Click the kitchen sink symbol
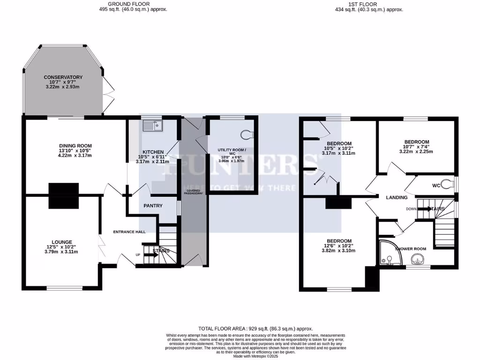152,125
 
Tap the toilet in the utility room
246,135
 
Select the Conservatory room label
63,77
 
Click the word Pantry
153,206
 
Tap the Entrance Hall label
129,232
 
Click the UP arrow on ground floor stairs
151,255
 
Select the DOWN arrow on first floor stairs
427,209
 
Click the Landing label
397,198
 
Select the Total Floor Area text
256,329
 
